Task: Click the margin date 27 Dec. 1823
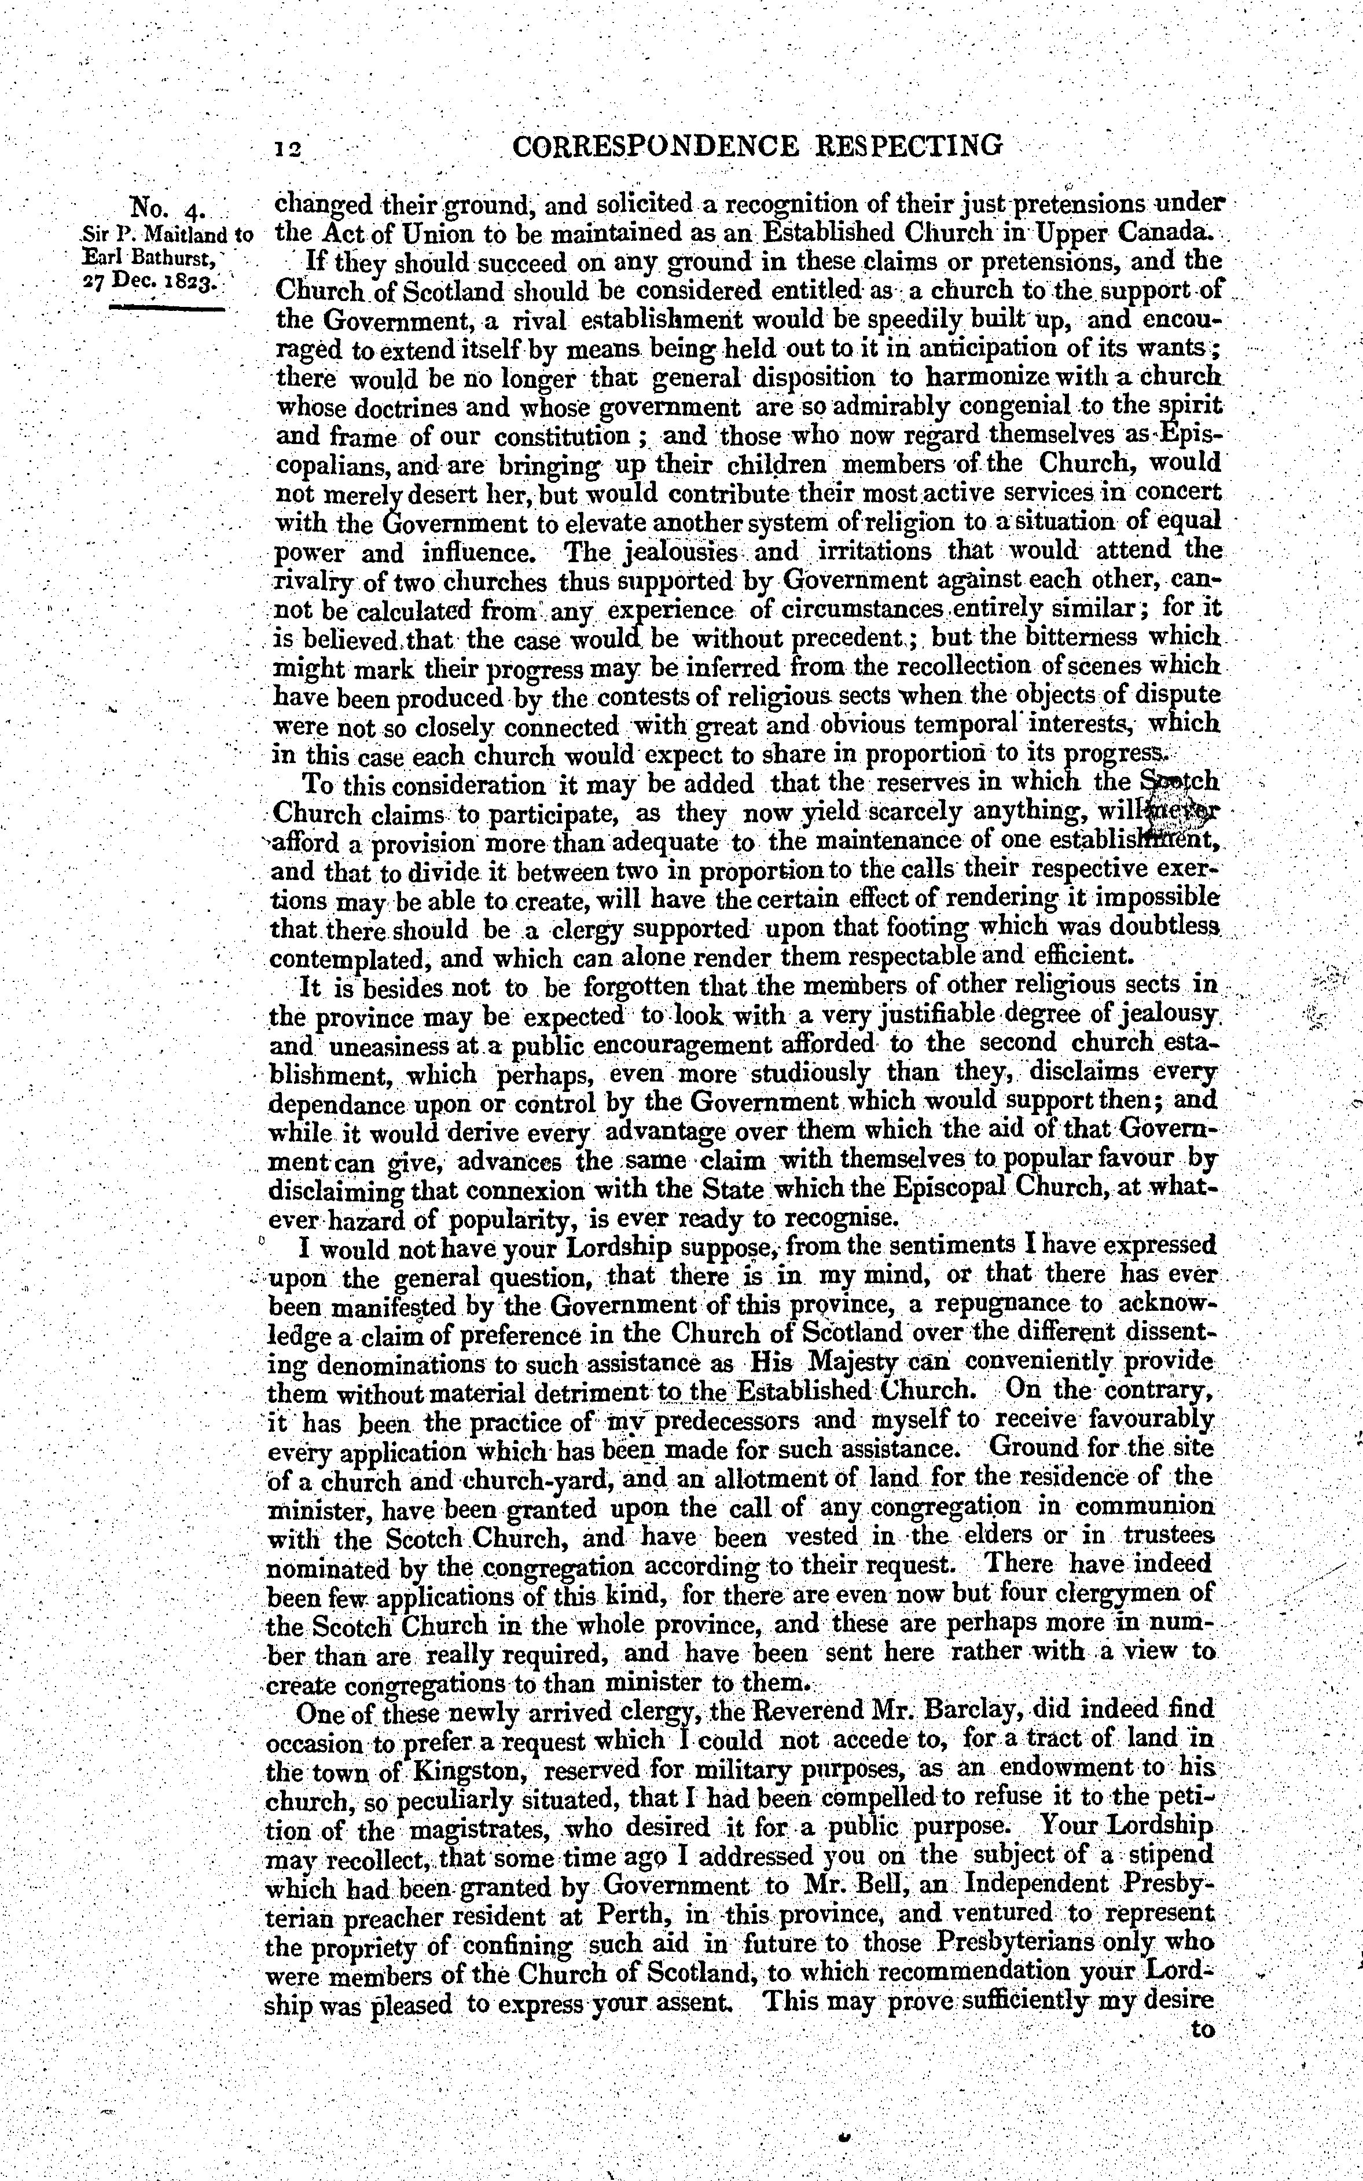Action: tap(160, 280)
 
